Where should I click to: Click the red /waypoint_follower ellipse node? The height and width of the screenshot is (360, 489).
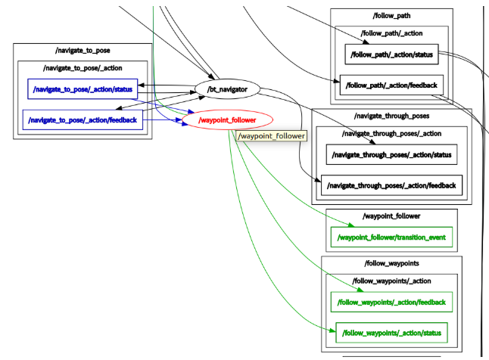click(x=227, y=119)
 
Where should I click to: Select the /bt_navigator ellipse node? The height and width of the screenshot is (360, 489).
click(x=227, y=89)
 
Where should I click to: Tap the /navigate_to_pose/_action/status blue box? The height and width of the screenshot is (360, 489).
click(x=83, y=89)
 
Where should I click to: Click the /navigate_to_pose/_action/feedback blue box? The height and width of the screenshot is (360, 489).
click(x=82, y=119)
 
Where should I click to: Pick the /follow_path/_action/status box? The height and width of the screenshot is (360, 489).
click(x=391, y=54)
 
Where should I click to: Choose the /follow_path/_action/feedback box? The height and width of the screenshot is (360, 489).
click(x=391, y=85)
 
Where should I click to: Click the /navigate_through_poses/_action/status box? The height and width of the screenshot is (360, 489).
click(x=392, y=154)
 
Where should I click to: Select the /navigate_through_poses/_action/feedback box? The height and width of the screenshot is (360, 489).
click(x=391, y=185)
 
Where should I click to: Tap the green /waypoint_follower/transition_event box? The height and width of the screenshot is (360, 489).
click(x=391, y=237)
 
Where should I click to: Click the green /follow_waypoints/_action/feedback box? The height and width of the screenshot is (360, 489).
click(x=391, y=302)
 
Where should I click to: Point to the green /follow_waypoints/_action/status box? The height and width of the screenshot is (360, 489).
click(x=391, y=332)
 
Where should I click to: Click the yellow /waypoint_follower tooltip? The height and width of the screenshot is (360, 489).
click(x=272, y=136)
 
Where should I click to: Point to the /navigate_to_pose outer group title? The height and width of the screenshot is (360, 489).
click(x=82, y=51)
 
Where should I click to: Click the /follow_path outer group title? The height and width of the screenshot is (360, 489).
click(x=391, y=15)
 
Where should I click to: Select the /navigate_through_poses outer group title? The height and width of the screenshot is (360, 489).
click(x=391, y=116)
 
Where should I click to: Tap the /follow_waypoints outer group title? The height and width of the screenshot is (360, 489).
click(x=391, y=263)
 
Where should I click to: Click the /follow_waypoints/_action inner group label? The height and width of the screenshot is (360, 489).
click(x=391, y=281)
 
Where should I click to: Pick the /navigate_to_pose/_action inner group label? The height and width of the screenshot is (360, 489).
click(x=82, y=69)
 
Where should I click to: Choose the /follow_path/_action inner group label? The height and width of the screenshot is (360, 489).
click(x=391, y=33)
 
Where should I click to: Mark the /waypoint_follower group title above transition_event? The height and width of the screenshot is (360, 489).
click(x=391, y=216)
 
